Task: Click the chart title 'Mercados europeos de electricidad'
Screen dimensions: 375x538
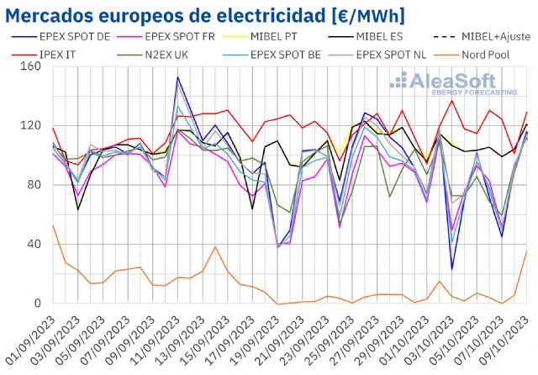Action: tap(206, 14)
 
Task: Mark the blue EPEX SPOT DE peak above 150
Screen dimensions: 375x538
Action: tap(177, 77)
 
